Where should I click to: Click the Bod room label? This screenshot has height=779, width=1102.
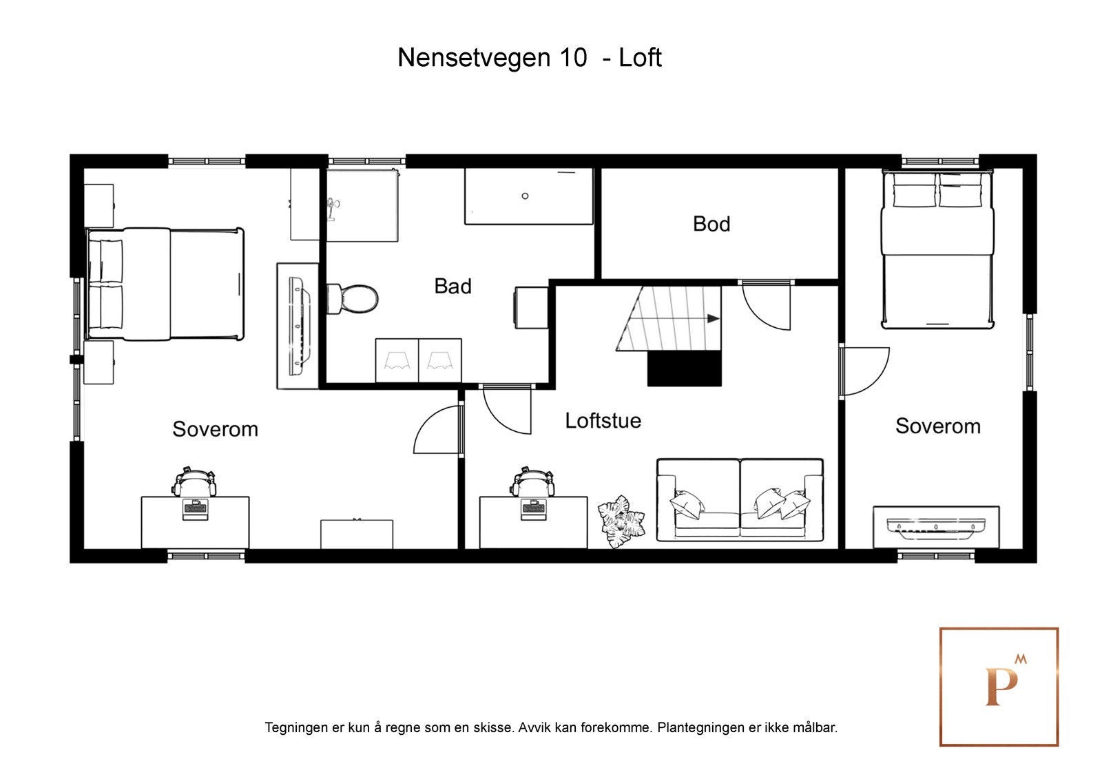pos(711,224)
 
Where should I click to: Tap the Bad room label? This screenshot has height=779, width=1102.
pos(453,286)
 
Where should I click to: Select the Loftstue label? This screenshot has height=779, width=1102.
pos(603,420)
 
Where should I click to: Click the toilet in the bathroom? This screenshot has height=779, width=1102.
pos(353,298)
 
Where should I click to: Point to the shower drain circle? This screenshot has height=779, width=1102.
pos(525,196)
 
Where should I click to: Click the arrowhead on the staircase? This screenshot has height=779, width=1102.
pos(713,319)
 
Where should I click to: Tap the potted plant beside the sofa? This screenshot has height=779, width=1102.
pos(621,521)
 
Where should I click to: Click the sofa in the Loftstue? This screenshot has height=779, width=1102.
pos(740,499)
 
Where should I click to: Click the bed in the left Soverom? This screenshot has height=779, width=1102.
pos(165,284)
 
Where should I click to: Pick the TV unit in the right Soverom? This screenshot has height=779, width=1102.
pos(936,527)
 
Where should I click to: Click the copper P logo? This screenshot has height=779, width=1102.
pos(999,687)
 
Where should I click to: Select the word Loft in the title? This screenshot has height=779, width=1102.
pos(640,58)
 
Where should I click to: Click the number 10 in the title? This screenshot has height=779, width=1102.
pos(573,58)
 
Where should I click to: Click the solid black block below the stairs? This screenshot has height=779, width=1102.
pos(684,368)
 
